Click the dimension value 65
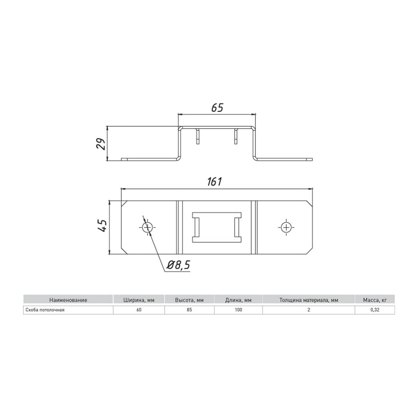pos(217,108)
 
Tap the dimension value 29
pos(101,144)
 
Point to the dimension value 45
pos(103,226)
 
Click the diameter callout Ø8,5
pos(178,265)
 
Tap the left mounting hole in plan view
pos(147,227)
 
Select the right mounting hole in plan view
pos(286,227)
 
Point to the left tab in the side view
pos(198,137)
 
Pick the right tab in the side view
pos(236,137)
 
